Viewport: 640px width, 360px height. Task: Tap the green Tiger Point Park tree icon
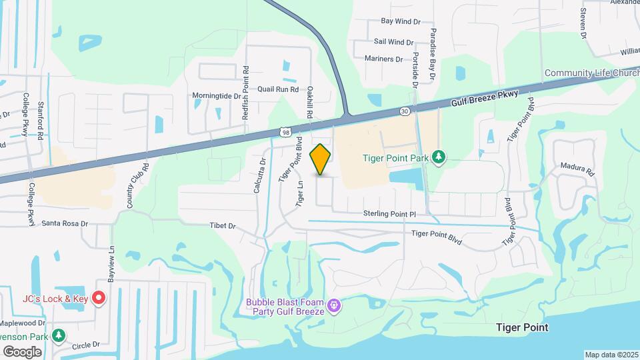click(x=439, y=157)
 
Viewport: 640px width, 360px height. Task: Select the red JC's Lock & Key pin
click(x=99, y=298)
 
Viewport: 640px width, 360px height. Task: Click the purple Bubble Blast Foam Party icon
click(x=334, y=306)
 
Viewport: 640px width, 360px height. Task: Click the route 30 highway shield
click(x=405, y=110)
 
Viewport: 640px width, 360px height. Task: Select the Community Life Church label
click(x=591, y=73)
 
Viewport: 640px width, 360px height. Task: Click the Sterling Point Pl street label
click(x=389, y=213)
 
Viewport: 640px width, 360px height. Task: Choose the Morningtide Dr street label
click(x=216, y=96)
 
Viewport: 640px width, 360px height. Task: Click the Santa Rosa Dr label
click(x=65, y=224)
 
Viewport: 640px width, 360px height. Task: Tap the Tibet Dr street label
click(x=223, y=226)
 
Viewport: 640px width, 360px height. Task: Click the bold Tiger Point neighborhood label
click(x=523, y=327)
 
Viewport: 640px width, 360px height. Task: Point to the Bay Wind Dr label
click(x=401, y=22)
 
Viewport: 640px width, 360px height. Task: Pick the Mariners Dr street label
click(x=384, y=59)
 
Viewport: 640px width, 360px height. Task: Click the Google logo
click(x=22, y=351)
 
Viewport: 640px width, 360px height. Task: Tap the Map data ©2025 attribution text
click(x=611, y=355)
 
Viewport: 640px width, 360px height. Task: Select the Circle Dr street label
click(x=85, y=345)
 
